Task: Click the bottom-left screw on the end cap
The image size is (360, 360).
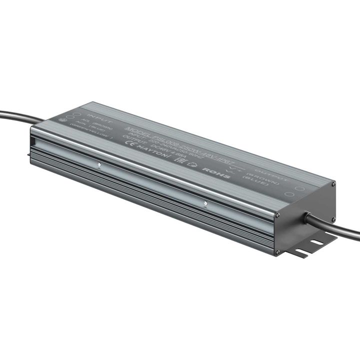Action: (276, 252)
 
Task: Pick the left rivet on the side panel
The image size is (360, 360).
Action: (99, 163)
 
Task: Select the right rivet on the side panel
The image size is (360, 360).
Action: (205, 203)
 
